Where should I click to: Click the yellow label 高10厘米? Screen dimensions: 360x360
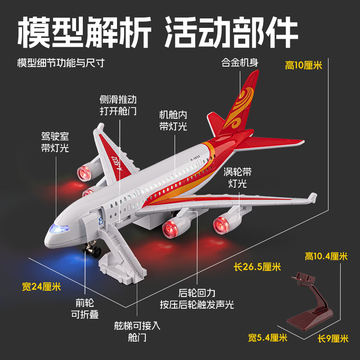point(304,65)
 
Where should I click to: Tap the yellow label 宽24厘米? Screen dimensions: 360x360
point(41,286)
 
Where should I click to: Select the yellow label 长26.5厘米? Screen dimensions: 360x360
point(257,266)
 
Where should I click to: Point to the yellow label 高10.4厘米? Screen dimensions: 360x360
point(326,256)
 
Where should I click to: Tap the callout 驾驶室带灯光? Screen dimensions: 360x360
point(55,141)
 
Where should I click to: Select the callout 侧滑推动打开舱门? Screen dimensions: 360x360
point(118,105)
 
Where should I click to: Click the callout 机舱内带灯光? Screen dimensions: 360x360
point(173,120)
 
